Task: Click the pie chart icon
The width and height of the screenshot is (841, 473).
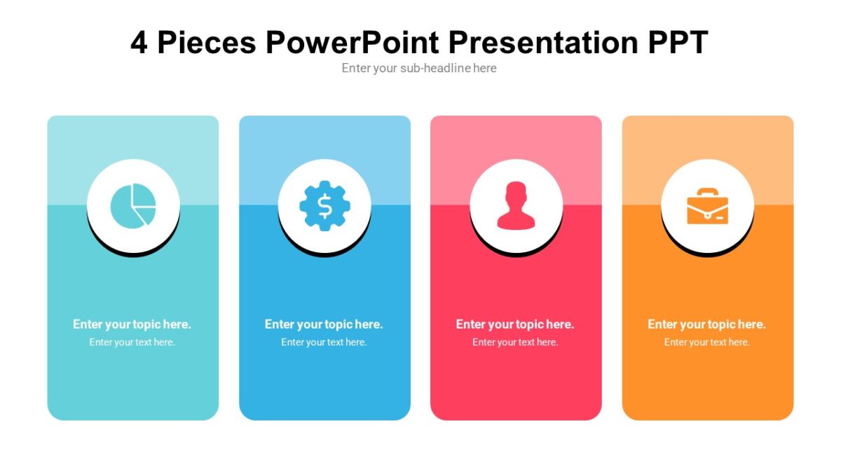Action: click(133, 205)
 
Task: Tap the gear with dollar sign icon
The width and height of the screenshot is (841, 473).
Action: click(324, 205)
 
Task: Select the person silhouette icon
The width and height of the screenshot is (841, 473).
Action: click(516, 205)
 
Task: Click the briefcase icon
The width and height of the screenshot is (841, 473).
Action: click(707, 206)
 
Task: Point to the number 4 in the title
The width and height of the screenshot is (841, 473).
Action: click(139, 43)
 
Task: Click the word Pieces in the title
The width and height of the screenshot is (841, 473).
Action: click(207, 43)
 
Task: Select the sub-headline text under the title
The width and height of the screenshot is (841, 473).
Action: click(419, 68)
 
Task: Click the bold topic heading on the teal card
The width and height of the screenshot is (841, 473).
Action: click(132, 324)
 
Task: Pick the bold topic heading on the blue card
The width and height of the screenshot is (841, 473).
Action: click(324, 324)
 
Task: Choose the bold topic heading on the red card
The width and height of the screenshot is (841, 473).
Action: click(515, 324)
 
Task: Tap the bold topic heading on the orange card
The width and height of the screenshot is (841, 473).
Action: click(706, 324)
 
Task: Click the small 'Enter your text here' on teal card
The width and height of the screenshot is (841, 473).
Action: click(132, 342)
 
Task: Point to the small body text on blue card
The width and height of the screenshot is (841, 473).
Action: click(324, 342)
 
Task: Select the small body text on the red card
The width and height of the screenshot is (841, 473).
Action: click(515, 342)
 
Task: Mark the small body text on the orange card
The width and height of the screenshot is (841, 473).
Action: click(706, 342)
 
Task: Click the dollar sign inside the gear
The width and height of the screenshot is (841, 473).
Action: click(324, 205)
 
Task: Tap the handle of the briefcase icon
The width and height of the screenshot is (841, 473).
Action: click(707, 193)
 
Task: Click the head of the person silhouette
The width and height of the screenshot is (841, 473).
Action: click(516, 194)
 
